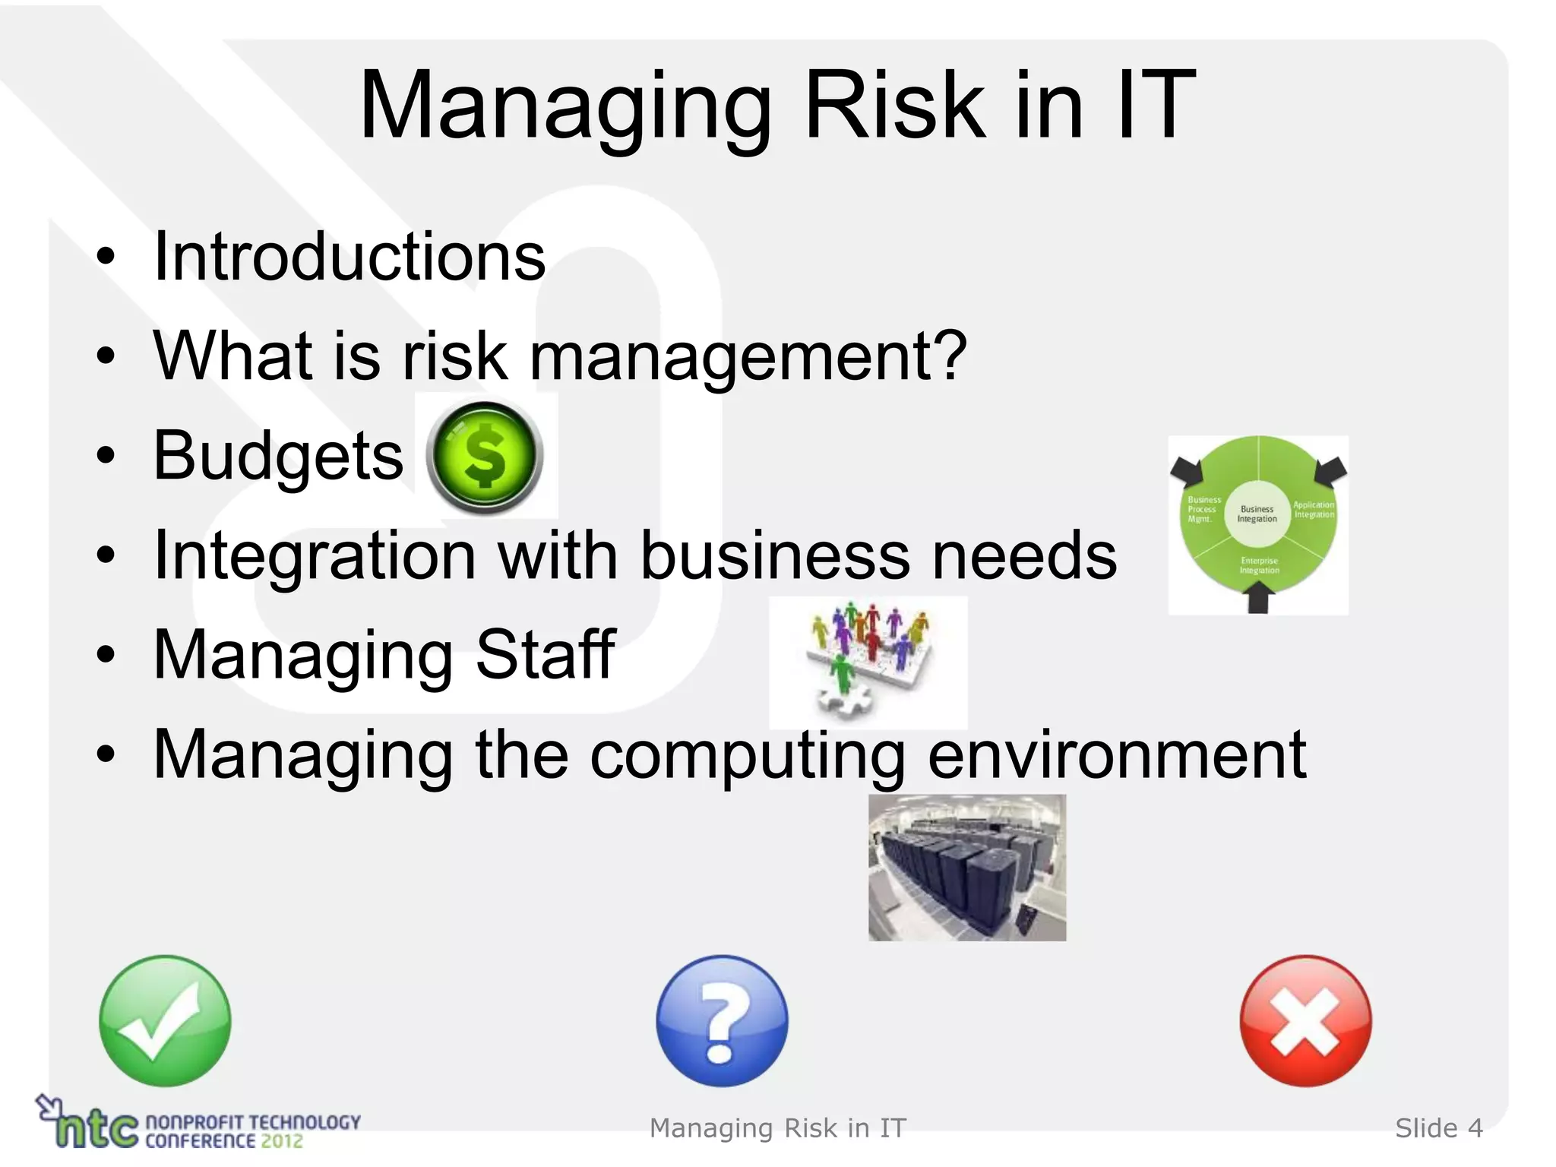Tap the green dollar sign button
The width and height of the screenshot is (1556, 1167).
tap(484, 457)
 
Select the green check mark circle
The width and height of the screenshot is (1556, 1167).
tap(165, 1020)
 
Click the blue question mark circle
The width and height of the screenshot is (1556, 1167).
tap(722, 1020)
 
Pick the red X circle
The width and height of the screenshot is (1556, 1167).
tap(1305, 1020)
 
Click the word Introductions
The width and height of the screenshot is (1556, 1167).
tap(349, 257)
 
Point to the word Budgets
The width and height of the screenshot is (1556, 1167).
tap(278, 456)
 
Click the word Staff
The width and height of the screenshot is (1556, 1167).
tap(545, 654)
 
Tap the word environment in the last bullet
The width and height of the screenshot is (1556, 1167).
tap(1117, 754)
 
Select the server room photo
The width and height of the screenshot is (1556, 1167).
tap(966, 868)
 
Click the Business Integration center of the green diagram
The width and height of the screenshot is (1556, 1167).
tap(1257, 514)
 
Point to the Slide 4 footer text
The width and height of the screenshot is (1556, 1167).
tap(1438, 1128)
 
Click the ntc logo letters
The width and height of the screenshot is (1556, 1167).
tap(97, 1129)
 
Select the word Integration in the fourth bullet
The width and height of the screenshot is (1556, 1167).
tap(315, 555)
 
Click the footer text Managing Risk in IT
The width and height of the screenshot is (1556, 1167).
tap(778, 1128)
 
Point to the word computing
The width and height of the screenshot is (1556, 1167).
tap(748, 754)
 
